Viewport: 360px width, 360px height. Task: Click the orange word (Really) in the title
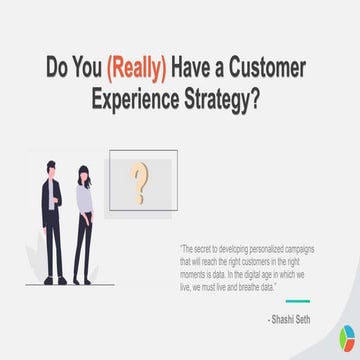coord(135,69)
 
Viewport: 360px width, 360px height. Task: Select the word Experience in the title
coord(138,100)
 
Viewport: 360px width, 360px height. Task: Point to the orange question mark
coord(142,182)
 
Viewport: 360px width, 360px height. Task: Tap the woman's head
coord(82,173)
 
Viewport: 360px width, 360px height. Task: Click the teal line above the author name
coord(298,300)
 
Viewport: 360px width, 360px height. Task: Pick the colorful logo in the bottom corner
coord(347,339)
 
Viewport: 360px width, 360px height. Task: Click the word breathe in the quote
coord(248,286)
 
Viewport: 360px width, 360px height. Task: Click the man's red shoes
coord(54,281)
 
